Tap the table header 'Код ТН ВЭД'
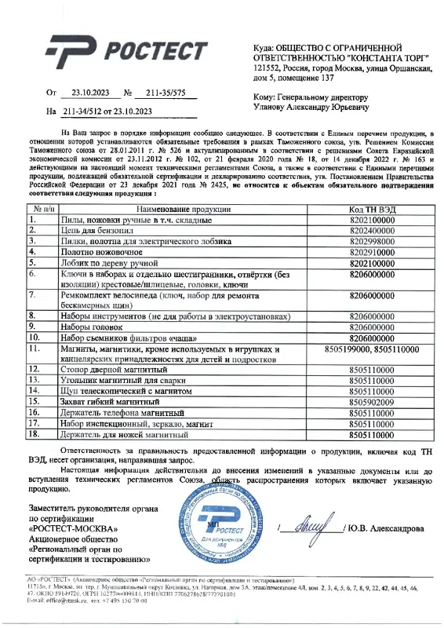[372, 210]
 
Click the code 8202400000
[372, 232]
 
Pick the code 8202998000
[372, 243]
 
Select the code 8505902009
[372, 400]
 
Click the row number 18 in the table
[34, 433]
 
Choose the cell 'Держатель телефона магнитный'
[123, 411]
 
